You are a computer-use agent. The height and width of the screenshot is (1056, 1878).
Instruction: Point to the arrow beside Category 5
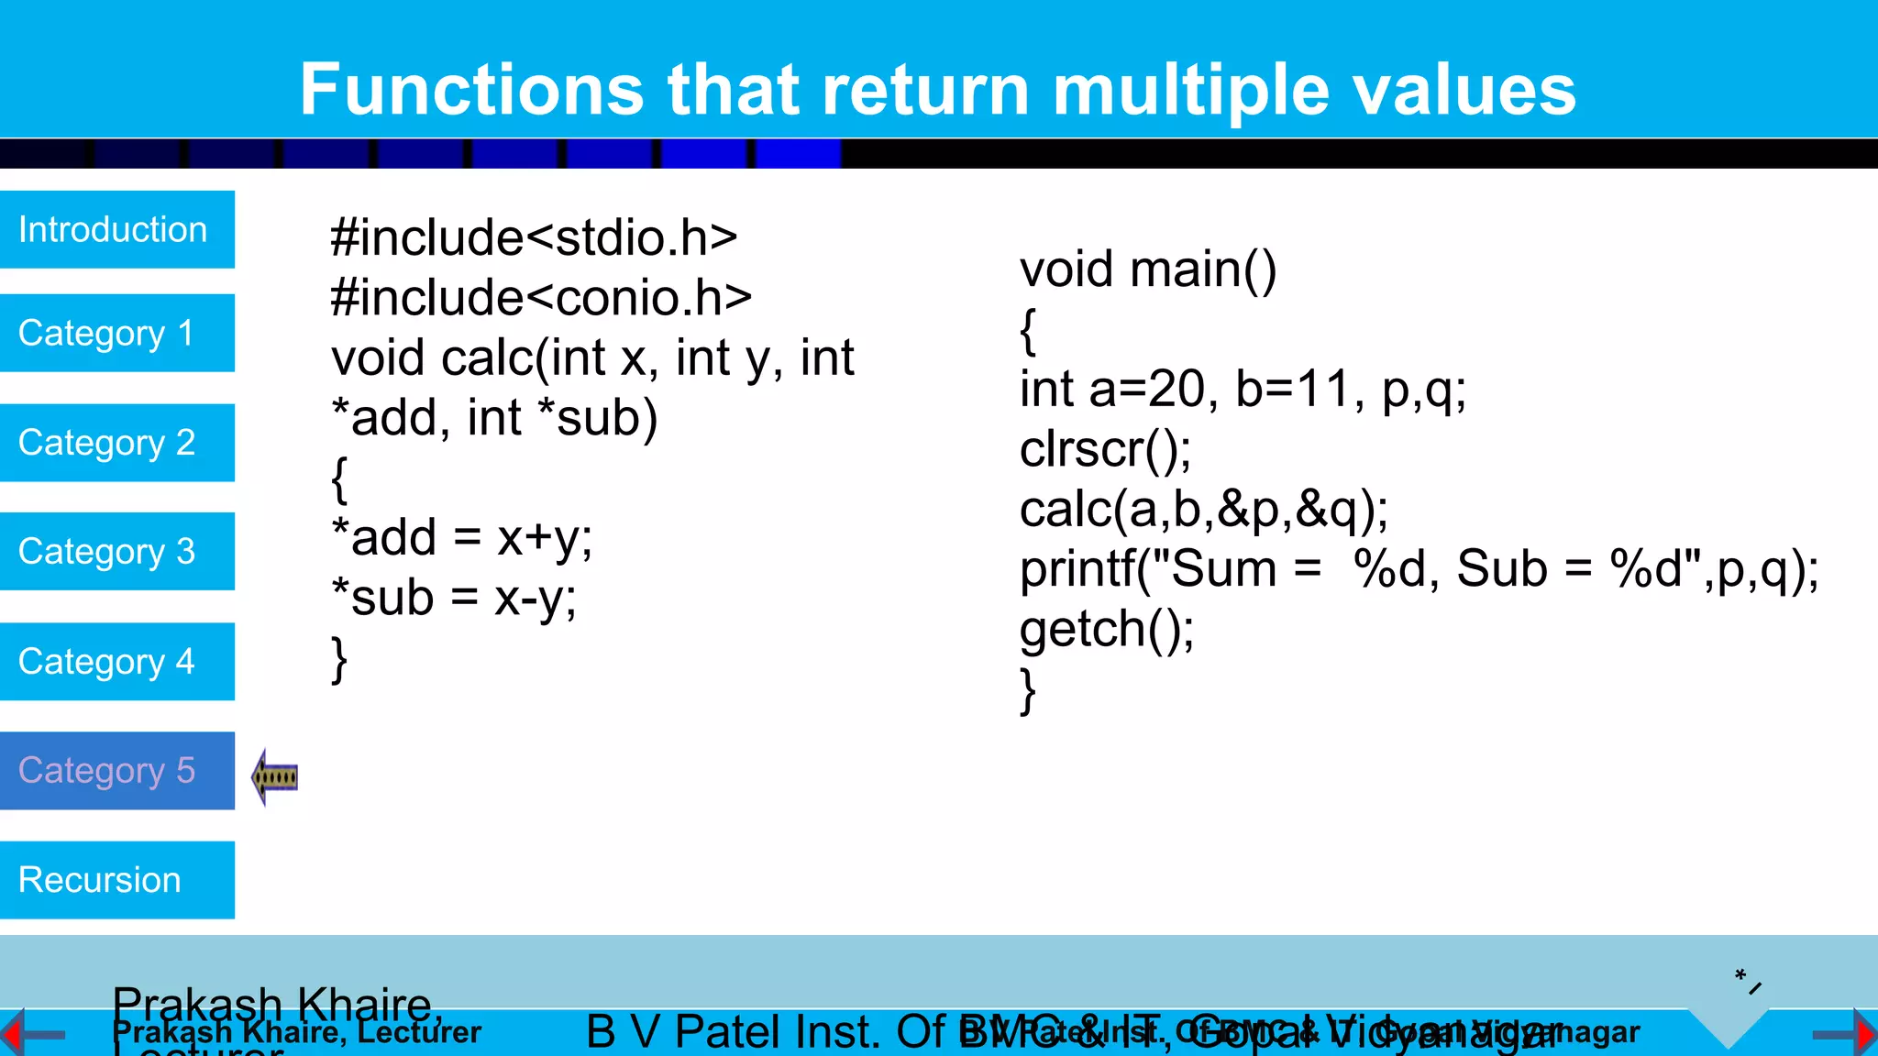click(275, 777)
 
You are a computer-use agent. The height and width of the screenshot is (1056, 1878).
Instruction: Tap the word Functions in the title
click(472, 90)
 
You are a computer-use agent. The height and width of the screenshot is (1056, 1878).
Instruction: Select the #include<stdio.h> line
click(534, 238)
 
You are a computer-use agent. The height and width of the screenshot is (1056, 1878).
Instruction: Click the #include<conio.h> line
click(541, 298)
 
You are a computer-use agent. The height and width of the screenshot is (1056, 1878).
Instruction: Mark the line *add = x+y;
click(461, 538)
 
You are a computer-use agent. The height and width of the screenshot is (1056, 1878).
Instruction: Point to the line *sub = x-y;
click(454, 599)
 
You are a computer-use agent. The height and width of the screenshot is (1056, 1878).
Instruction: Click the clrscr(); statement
click(1105, 449)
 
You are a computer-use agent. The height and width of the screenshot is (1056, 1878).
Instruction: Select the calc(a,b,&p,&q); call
click(1203, 510)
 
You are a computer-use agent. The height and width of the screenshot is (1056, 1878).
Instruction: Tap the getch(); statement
click(1107, 630)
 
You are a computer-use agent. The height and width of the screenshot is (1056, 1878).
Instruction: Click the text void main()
click(1147, 269)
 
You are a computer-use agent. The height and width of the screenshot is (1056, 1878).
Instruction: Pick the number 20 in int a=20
click(1177, 390)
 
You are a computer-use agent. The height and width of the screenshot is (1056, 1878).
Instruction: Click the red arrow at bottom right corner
click(1863, 1034)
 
